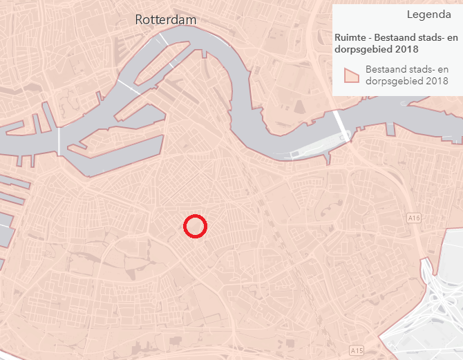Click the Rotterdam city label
tap(165, 20)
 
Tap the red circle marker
tap(195, 226)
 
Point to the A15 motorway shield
tap(356, 351)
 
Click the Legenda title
tap(429, 15)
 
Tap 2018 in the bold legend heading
tap(407, 49)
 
